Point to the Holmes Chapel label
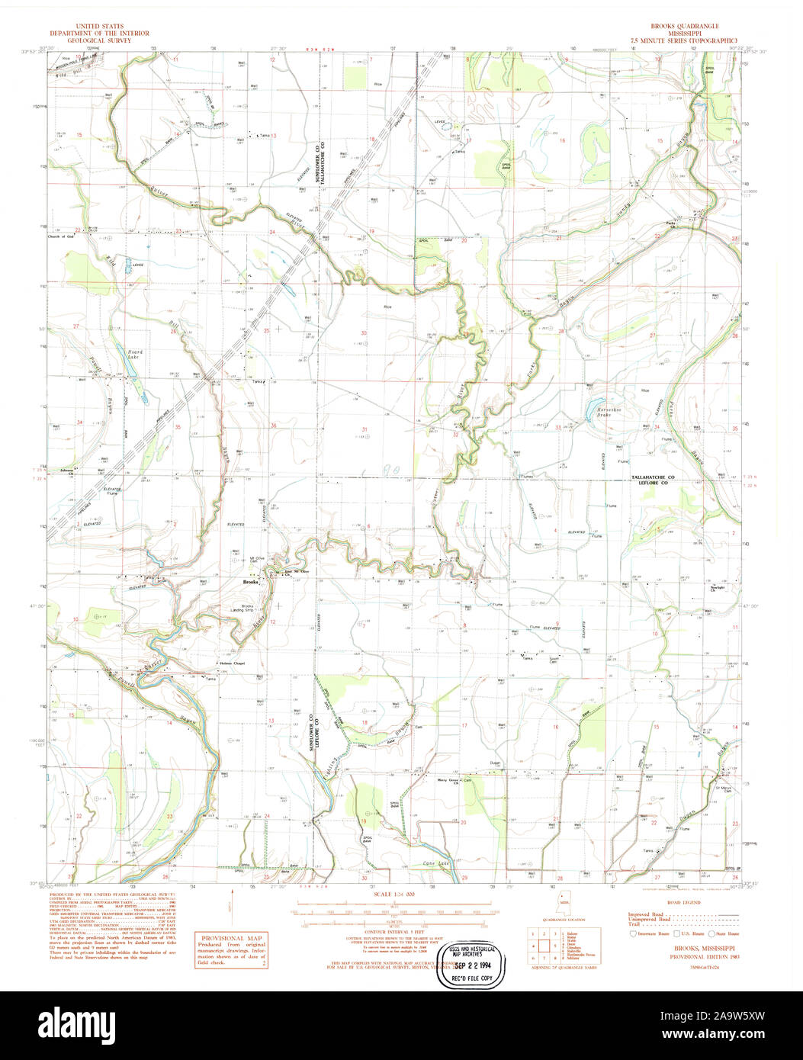click(235, 663)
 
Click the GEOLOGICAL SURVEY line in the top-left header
click(99, 40)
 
